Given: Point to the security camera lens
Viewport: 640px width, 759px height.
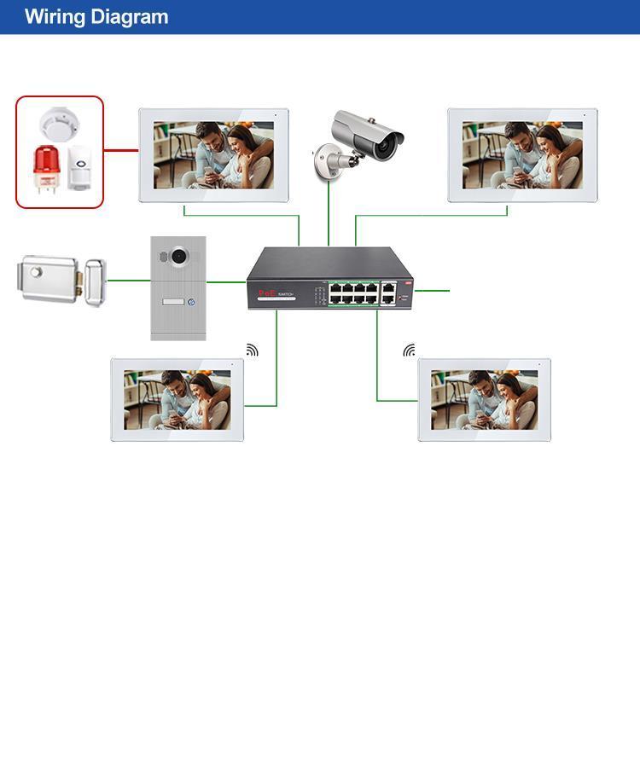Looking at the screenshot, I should [390, 146].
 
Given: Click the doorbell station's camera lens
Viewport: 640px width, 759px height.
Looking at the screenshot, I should [178, 255].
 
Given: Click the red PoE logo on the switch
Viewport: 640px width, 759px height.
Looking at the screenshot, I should [265, 293].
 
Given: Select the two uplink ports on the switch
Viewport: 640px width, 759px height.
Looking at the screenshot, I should [388, 293].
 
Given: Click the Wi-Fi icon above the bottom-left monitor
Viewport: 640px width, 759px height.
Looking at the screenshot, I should [252, 350].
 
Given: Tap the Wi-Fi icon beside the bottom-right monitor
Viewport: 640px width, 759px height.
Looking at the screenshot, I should [410, 351].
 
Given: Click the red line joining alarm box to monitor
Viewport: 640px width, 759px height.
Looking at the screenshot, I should [121, 151].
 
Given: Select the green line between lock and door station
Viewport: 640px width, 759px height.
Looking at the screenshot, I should [129, 280].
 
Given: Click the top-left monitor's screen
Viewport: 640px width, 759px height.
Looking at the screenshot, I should [213, 154].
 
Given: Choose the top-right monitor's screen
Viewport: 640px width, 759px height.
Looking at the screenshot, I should [522, 154].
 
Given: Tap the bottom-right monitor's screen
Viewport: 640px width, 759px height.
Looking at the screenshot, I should [484, 399].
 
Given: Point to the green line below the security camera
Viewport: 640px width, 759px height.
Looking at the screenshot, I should [329, 213].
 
